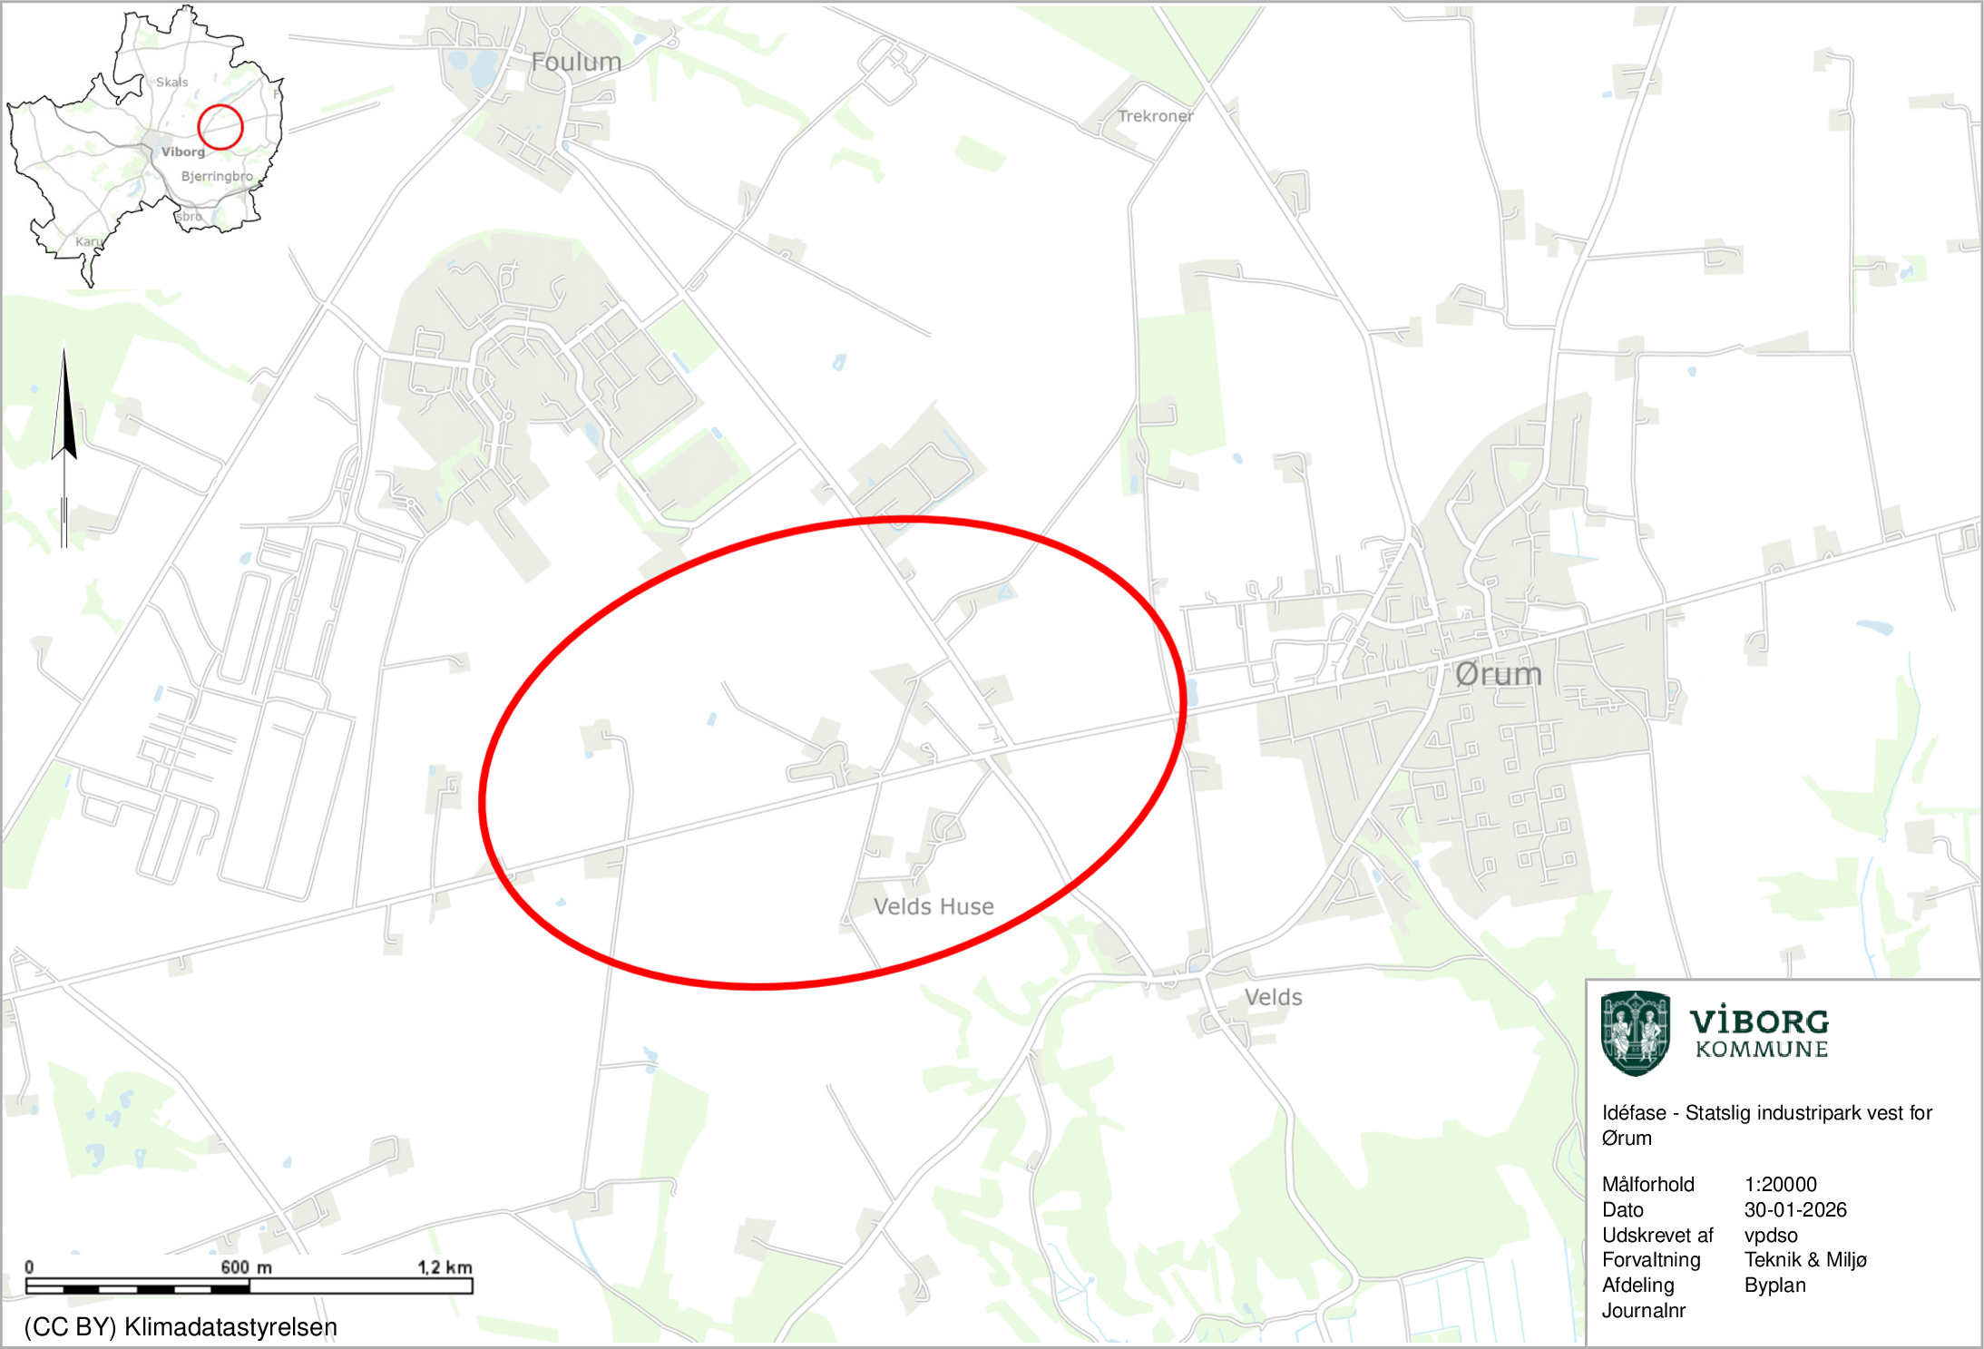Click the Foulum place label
(576, 62)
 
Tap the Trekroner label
(1155, 116)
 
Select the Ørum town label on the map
(1498, 674)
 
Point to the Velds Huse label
(933, 906)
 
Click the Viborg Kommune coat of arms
(1635, 1033)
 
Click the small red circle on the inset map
(220, 126)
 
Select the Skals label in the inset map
(171, 83)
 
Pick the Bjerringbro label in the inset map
(217, 176)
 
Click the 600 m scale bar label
(246, 1266)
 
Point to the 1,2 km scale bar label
(445, 1266)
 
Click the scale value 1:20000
(1780, 1184)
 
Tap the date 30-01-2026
(1794, 1209)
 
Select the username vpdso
(1770, 1235)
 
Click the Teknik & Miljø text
(1804, 1259)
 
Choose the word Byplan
(1774, 1285)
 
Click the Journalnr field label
(1643, 1310)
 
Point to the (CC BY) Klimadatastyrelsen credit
(181, 1326)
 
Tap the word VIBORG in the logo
(1759, 1022)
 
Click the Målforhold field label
(1647, 1184)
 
